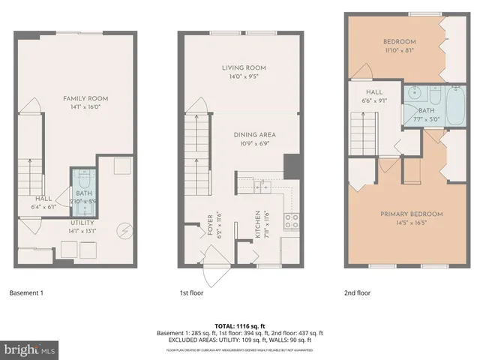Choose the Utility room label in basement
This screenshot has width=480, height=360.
click(82, 223)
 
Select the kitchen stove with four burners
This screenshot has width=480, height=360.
click(291, 220)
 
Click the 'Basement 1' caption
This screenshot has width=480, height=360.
click(26, 292)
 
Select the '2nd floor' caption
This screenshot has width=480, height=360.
click(358, 292)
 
